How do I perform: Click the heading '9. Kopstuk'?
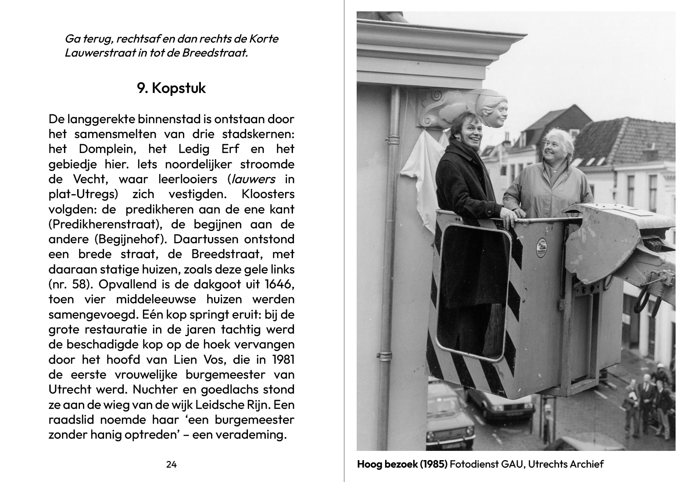(x=171, y=88)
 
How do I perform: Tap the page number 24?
(x=171, y=464)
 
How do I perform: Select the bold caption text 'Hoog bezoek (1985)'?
(x=402, y=464)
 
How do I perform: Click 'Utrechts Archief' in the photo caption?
(x=565, y=464)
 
